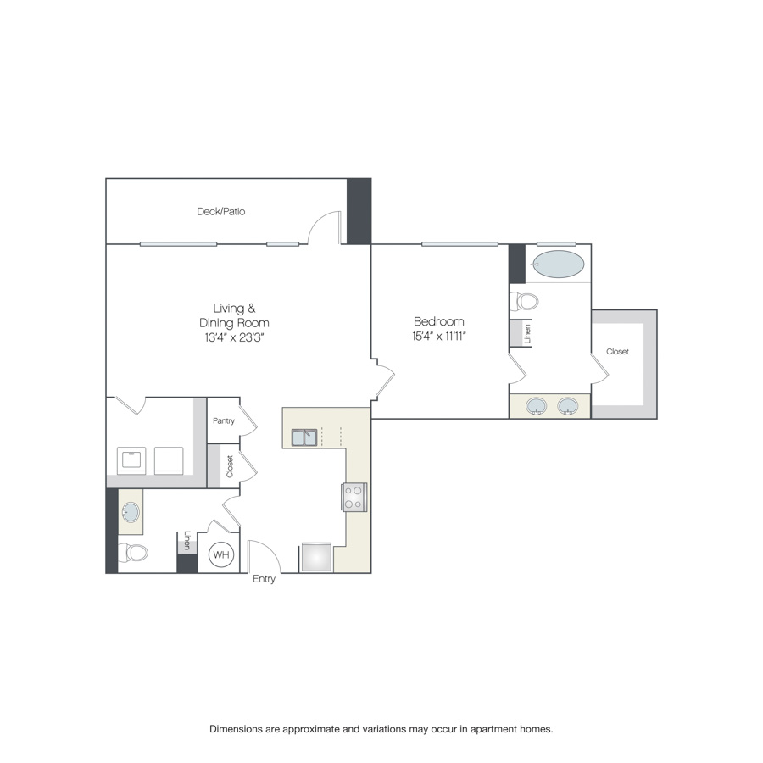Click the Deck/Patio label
[x=221, y=211]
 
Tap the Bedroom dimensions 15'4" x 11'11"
[x=439, y=337]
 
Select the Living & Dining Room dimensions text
[x=234, y=337]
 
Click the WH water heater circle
[x=221, y=554]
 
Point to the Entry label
[x=264, y=579]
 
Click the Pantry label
[x=224, y=420]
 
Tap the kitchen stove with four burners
[x=354, y=498]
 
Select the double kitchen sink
[x=304, y=437]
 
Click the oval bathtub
[x=558, y=265]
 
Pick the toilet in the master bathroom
[x=524, y=301]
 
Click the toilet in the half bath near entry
[x=133, y=552]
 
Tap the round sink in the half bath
[x=131, y=512]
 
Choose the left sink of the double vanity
[x=537, y=406]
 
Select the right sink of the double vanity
[x=567, y=406]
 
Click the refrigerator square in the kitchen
[x=316, y=557]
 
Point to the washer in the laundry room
[x=131, y=460]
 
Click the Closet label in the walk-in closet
[x=617, y=351]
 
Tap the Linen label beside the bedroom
[x=527, y=334]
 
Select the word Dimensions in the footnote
[x=236, y=729]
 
